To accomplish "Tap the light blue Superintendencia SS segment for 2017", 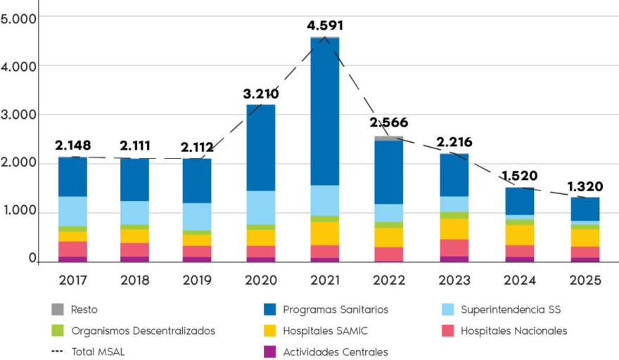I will point(73,211).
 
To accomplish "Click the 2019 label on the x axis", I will point(197,280).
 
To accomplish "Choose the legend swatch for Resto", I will point(57,309).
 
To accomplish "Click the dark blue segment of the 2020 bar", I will point(261,148).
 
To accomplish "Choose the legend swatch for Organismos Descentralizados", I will point(57,330).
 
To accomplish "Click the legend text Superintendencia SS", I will point(511,309).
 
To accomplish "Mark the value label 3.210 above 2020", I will point(260,94).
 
